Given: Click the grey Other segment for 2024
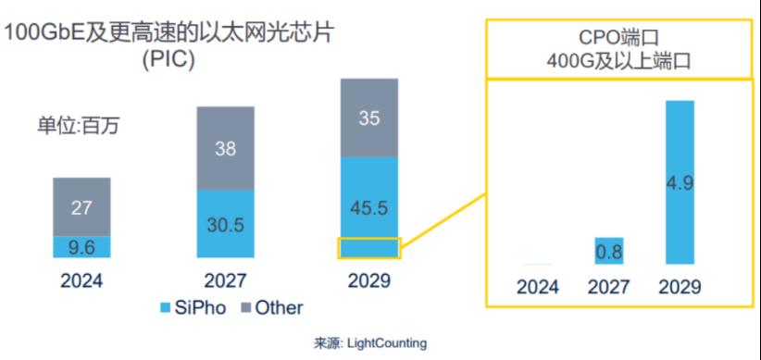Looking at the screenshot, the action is [x=82, y=207].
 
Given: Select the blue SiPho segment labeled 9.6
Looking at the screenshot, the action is [x=82, y=247].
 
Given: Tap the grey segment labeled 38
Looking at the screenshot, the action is [x=225, y=148].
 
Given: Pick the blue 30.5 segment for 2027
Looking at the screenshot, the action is [x=225, y=224].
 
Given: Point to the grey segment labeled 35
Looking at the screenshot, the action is [x=369, y=118].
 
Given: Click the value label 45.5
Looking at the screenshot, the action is [x=369, y=208].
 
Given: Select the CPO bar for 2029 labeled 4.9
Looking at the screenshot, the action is [x=680, y=182].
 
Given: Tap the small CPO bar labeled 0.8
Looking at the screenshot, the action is [x=609, y=251].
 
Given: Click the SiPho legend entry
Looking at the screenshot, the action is [x=193, y=307].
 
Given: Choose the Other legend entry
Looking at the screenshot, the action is [x=272, y=307].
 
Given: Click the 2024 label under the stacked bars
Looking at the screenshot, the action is [x=81, y=281].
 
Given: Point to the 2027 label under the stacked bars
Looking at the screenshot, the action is [x=225, y=281].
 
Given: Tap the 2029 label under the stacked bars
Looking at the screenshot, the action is [x=369, y=281].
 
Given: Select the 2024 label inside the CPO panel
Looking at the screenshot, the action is [x=538, y=287].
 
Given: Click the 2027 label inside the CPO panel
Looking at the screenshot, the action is [x=609, y=287].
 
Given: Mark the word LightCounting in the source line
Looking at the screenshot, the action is [x=386, y=343].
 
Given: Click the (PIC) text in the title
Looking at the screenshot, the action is [x=168, y=60].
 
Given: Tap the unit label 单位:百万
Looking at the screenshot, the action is [x=78, y=126].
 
